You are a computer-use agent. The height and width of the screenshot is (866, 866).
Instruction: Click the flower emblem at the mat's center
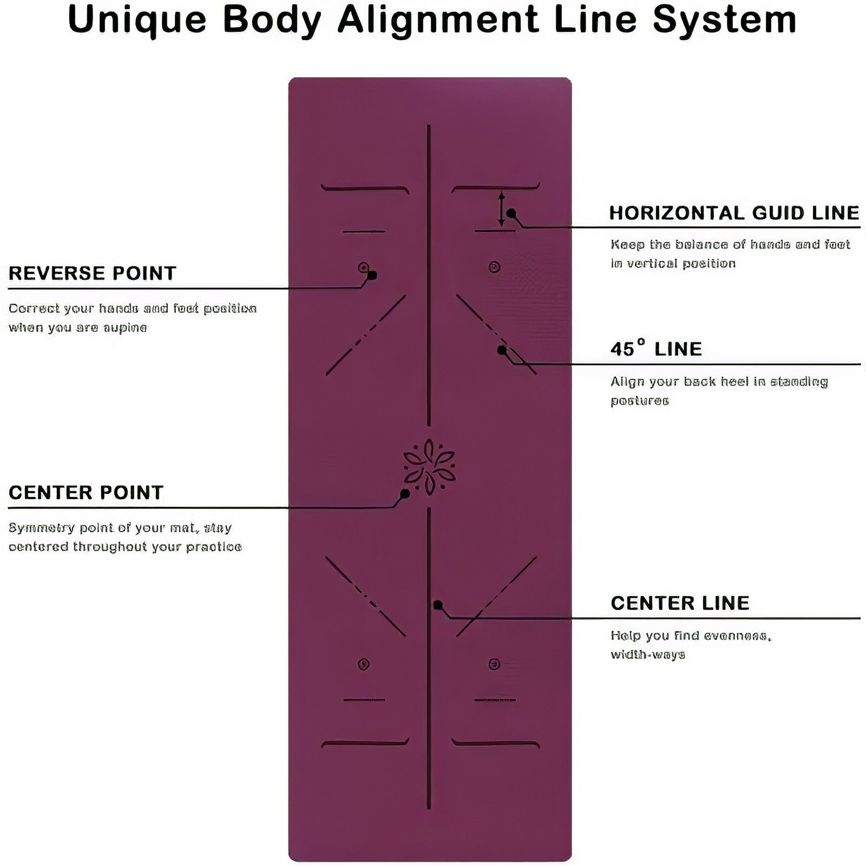[x=429, y=467]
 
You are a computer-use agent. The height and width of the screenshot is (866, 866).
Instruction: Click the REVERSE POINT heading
[x=93, y=273]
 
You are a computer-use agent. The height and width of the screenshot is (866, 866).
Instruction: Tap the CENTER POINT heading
[x=86, y=493]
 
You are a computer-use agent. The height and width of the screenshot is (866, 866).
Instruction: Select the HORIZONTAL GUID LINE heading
[x=734, y=213]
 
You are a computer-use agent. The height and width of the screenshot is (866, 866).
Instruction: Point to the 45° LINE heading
[x=656, y=348]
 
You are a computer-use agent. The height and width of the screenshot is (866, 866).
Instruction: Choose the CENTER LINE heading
[x=680, y=603]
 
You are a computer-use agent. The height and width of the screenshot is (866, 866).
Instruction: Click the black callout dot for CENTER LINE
[x=438, y=605]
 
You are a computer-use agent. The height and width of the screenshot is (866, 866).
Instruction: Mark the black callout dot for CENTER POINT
[x=405, y=494]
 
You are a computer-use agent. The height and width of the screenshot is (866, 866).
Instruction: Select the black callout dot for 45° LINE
[x=502, y=350]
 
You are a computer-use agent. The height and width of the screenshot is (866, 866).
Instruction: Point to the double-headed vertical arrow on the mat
[x=502, y=208]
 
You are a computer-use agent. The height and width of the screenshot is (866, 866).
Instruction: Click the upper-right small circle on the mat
[x=494, y=267]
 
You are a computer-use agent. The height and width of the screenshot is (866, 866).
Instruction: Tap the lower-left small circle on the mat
[x=364, y=664]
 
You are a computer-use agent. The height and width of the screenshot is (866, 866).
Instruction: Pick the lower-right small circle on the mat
[x=494, y=664]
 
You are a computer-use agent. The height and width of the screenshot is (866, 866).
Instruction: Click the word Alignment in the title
[x=437, y=20]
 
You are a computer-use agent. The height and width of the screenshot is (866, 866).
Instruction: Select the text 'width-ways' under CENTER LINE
[x=648, y=655]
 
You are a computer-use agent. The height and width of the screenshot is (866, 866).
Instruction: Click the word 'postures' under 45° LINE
[x=640, y=401]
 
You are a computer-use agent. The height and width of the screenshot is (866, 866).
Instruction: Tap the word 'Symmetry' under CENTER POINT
[x=42, y=528]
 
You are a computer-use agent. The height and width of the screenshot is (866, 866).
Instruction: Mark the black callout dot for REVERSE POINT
[x=372, y=275]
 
